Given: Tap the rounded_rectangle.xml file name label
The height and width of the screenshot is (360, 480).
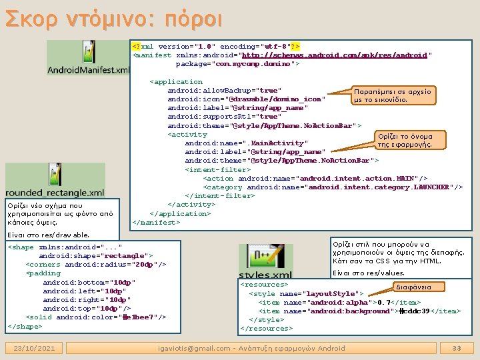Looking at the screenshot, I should (55, 193).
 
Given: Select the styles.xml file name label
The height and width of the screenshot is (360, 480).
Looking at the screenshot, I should (265, 275).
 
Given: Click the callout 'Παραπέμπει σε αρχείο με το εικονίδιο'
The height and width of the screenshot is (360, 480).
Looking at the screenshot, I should (393, 95).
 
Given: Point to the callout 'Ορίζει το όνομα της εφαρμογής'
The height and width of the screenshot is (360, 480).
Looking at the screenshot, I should (413, 140).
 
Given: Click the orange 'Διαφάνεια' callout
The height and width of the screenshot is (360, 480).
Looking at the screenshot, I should (413, 287).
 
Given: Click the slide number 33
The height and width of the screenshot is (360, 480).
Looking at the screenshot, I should (457, 348).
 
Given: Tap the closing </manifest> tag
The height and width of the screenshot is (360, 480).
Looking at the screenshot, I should (157, 222).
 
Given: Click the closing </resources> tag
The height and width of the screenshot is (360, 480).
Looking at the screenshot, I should (267, 328).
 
